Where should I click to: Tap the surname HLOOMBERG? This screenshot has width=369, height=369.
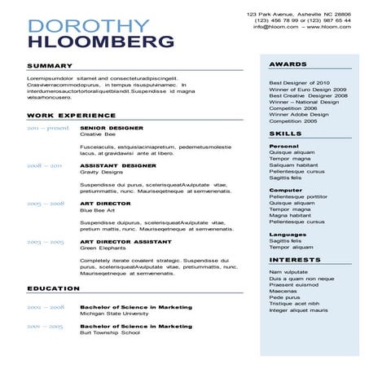[101, 41]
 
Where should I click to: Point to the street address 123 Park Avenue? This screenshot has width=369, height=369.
[274, 14]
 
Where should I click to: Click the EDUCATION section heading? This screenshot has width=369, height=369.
[53, 288]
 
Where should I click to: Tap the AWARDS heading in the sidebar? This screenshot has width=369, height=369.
[288, 64]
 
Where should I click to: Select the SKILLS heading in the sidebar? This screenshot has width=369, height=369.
[285, 133]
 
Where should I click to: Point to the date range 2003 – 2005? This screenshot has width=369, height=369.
[45, 242]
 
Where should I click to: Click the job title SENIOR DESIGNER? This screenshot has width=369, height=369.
[112, 128]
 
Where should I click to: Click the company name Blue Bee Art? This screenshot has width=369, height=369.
[97, 210]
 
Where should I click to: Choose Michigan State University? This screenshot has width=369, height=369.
[114, 314]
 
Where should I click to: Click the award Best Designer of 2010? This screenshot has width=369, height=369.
[299, 82]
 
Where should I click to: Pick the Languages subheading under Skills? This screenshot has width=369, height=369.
[288, 235]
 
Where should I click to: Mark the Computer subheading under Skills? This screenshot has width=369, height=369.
[285, 190]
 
